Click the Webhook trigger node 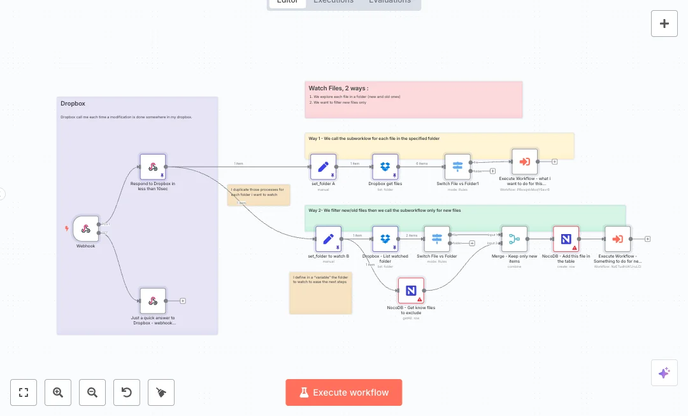point(85,228)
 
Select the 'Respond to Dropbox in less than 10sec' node point(153,167)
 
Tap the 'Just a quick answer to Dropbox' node point(153,301)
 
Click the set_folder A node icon point(323,167)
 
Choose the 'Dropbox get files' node point(385,167)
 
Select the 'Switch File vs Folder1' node point(457,167)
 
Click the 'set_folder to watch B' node point(328,239)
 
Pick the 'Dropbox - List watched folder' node point(385,239)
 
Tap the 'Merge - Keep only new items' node point(514,239)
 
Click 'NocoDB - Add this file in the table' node point(566,239)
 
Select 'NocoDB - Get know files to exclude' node point(411,291)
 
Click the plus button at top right point(664,24)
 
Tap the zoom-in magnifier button point(58,392)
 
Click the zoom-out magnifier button point(92,392)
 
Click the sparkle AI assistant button point(664,373)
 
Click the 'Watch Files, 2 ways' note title point(338,88)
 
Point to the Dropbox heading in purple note point(73,104)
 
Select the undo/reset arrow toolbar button point(127,392)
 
